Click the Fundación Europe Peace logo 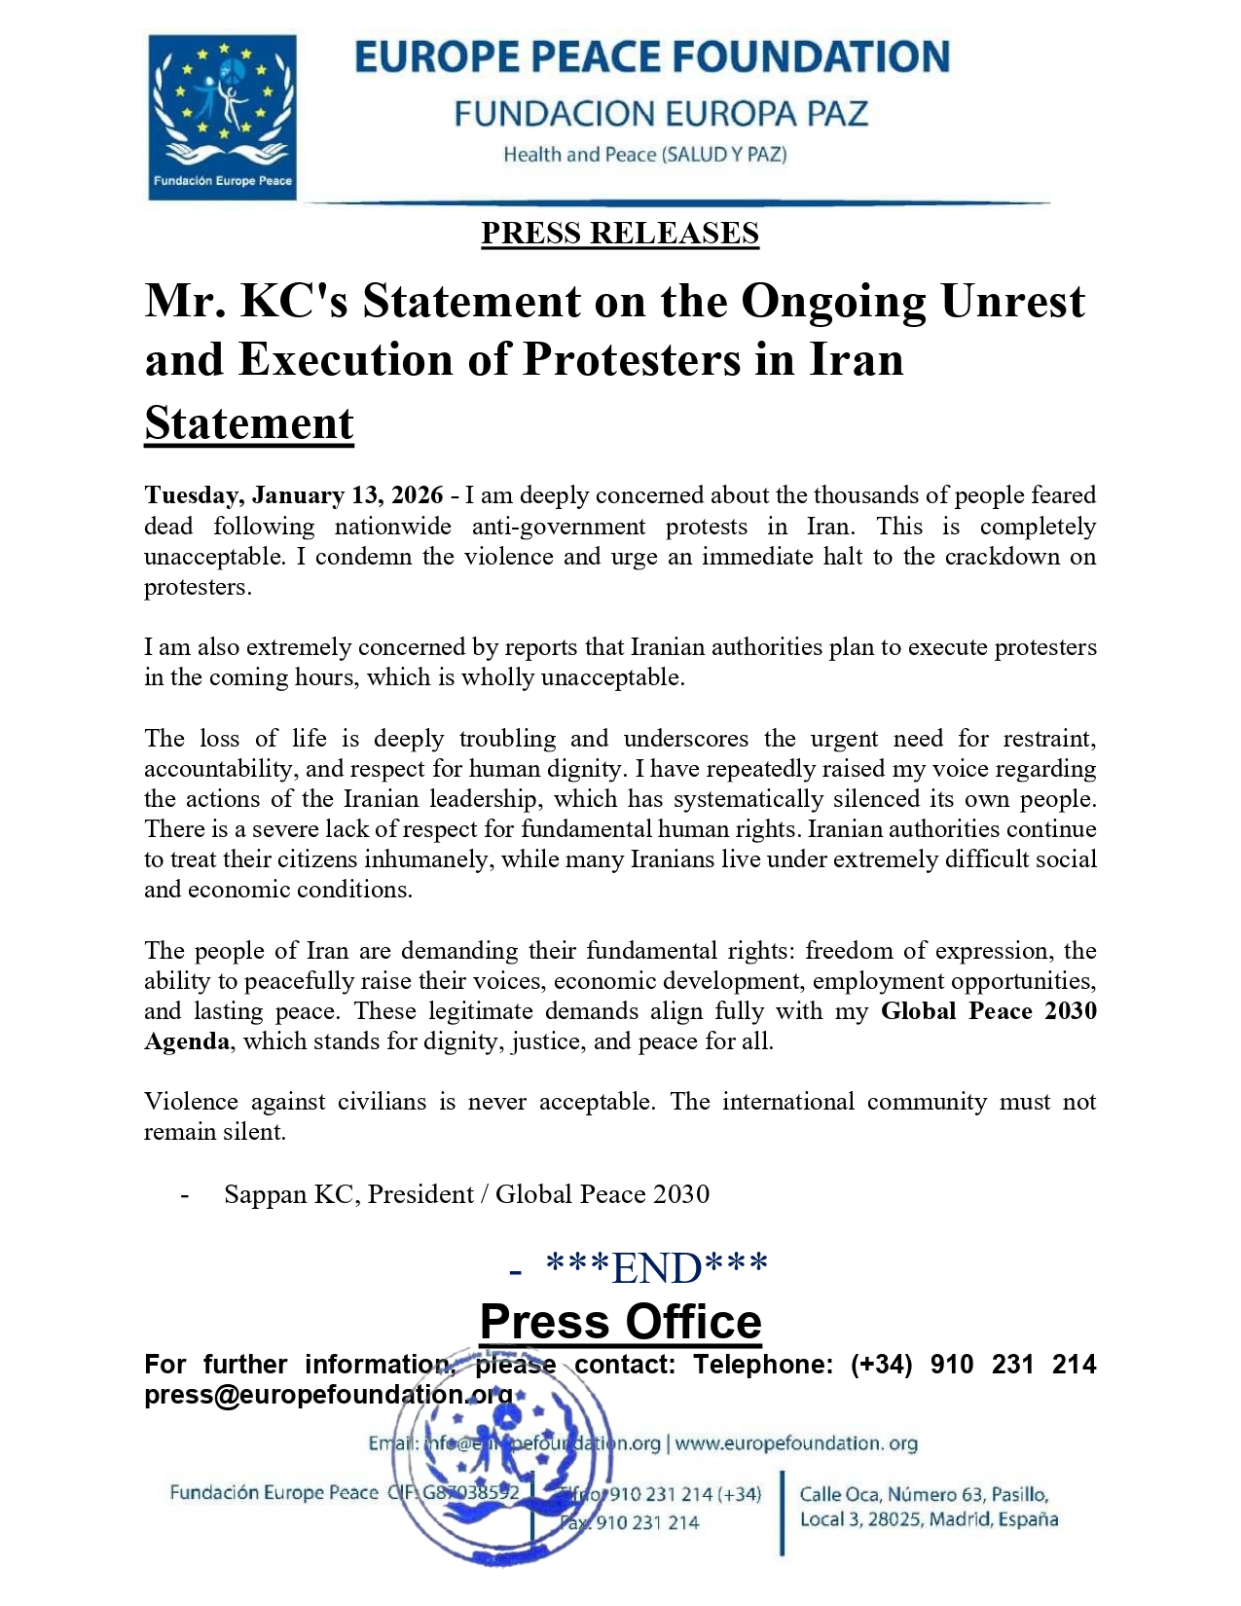click(222, 117)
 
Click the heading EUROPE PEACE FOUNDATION click(651, 57)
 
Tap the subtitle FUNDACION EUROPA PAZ click(660, 114)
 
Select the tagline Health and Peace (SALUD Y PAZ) click(644, 155)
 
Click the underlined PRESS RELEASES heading click(620, 234)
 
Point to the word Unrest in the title click(1011, 301)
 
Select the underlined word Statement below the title click(249, 423)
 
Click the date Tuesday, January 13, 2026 click(294, 495)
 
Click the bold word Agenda click(187, 1041)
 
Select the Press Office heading click(620, 1322)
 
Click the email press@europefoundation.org click(328, 1395)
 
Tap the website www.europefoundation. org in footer click(796, 1443)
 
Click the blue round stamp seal click(505, 1460)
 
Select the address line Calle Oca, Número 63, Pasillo click(924, 1494)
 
